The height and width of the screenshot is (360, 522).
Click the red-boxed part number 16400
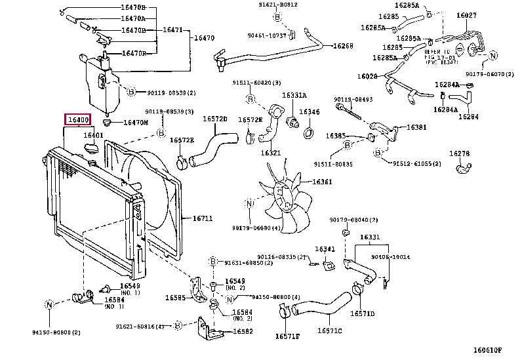click(x=77, y=120)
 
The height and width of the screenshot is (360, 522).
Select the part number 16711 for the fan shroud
click(x=203, y=218)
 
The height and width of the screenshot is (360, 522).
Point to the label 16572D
click(x=214, y=119)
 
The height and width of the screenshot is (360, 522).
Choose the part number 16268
click(x=342, y=46)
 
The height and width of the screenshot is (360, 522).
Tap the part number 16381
click(x=416, y=127)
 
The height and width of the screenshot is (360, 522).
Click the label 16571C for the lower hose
click(x=331, y=330)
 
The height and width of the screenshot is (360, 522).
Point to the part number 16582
click(x=243, y=331)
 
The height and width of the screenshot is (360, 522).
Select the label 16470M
click(x=136, y=122)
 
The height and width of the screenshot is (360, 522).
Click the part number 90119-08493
click(x=353, y=100)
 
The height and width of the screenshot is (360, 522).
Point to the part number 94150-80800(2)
click(x=56, y=332)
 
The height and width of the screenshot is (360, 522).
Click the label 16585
click(x=176, y=297)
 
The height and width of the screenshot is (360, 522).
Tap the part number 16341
click(x=325, y=249)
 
